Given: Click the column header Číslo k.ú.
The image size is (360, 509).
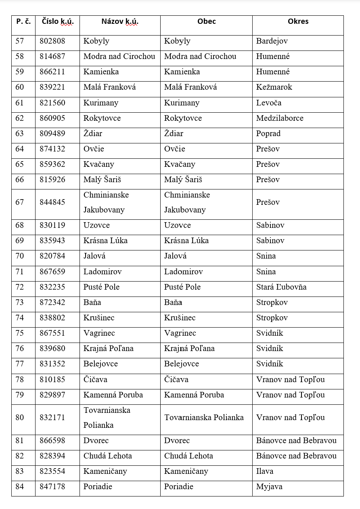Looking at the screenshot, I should pos(57,22).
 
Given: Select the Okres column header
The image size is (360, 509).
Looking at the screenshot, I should pos(298,22).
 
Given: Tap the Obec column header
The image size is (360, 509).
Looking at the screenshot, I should pos(206,22).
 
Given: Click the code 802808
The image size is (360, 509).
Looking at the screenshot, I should pos(52,41).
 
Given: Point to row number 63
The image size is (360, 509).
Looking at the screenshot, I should pos(20,134).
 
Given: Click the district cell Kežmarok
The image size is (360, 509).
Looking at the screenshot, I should pos(274,87).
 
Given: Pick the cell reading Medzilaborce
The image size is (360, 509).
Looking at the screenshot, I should pos(280,118).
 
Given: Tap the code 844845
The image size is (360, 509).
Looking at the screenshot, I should pos(52,202).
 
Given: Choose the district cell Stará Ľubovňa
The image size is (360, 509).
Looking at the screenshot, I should pos(281,287).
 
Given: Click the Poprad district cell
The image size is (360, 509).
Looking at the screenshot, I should pos(268,134).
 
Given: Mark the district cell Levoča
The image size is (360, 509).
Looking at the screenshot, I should pos(269,103).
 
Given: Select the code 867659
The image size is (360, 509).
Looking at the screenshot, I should pos(52,272).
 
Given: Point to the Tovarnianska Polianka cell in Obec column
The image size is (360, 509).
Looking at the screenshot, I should pos(204,418).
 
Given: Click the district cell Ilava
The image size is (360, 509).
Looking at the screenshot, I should pos(265,471).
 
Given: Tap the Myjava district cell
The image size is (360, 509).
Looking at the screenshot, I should pos(269,487).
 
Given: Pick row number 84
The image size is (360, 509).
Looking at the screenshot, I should pos(20,487).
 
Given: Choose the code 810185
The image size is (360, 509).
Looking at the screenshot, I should pos(52,380).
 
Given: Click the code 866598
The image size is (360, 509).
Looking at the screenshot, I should pos(52,441).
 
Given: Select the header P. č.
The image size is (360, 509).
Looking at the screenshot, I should pos(23,22).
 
